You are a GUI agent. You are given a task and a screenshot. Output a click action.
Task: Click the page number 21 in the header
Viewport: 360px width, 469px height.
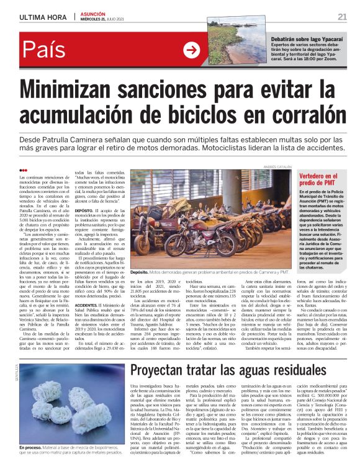coord(342,16)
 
